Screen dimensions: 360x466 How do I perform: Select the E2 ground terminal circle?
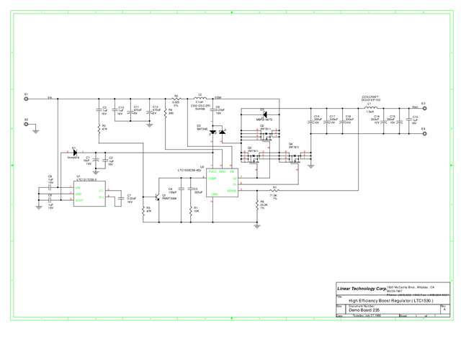click(26, 124)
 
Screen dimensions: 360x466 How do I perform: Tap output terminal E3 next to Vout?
click(424, 108)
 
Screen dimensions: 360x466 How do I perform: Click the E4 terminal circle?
click(424, 133)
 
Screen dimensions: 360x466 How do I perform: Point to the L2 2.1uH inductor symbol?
click(201, 96)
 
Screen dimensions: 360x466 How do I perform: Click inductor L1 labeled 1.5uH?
click(370, 107)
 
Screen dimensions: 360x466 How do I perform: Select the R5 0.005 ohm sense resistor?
click(176, 97)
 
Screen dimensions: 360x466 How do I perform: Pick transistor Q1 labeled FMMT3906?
click(157, 196)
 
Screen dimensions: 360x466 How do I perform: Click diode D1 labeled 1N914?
click(74, 153)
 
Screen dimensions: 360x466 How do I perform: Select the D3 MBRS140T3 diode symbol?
click(264, 115)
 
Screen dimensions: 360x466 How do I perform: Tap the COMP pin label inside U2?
click(212, 178)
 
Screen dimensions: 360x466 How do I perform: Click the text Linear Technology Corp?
click(360, 289)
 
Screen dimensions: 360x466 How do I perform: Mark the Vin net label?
click(50, 96)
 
